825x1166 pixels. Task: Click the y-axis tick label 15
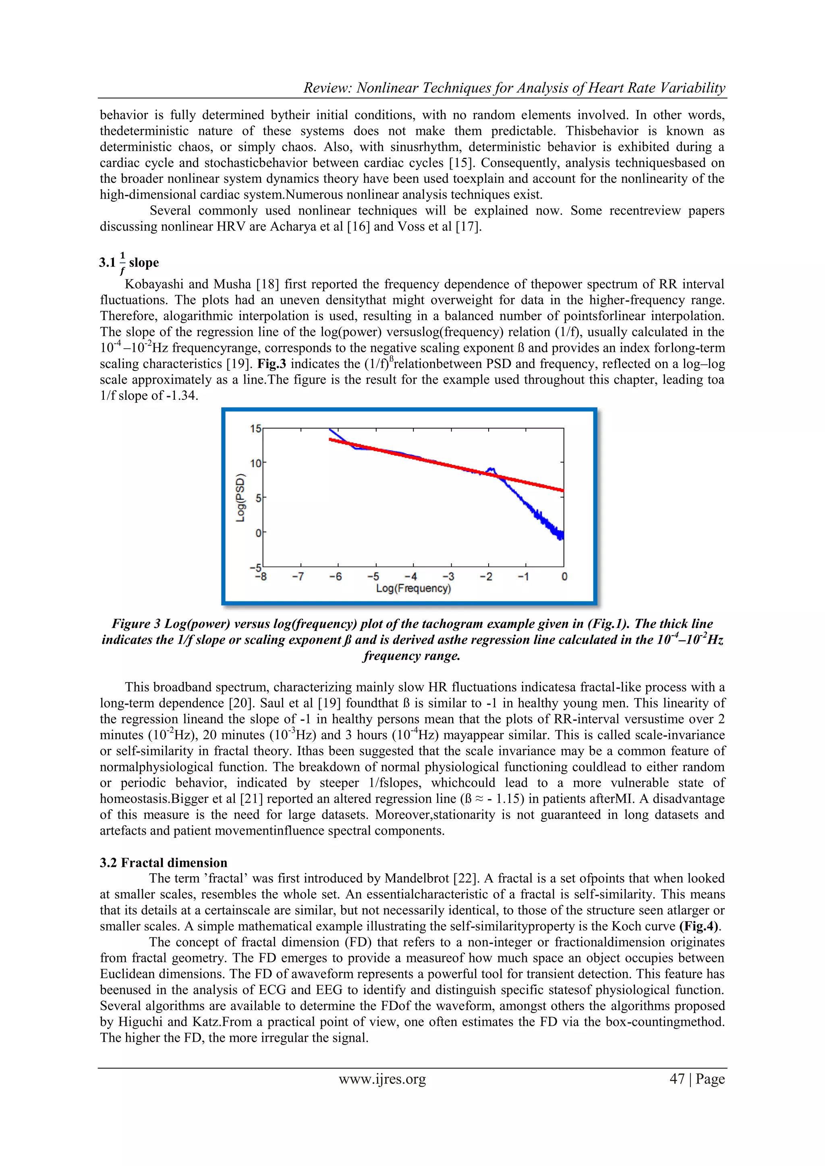(255, 429)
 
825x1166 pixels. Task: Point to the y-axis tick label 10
(255, 463)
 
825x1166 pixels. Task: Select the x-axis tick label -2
(486, 577)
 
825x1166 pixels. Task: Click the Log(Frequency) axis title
(413, 589)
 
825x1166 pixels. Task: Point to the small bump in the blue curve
(491, 469)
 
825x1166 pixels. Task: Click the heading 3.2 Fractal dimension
(164, 862)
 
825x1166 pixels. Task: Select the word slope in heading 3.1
(144, 263)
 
